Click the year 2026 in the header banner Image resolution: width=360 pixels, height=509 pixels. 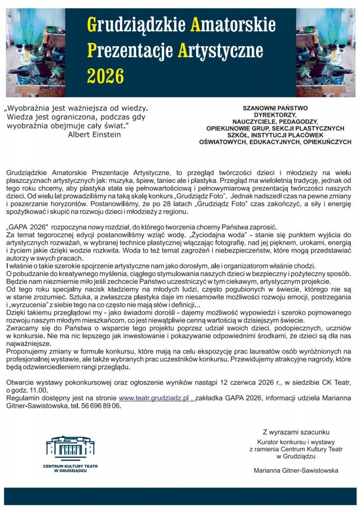click(105, 76)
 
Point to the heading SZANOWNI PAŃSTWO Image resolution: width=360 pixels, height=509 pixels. click(275, 108)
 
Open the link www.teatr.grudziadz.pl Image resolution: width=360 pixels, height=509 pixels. click(155, 398)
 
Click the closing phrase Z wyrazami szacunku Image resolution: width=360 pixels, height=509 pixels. click(296, 432)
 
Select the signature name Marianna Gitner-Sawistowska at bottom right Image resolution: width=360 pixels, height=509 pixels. click(296, 470)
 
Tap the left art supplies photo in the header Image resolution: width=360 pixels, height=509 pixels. click(35, 52)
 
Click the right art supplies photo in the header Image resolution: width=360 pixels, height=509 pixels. click(325, 52)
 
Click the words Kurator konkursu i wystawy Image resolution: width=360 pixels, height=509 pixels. click(296, 442)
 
